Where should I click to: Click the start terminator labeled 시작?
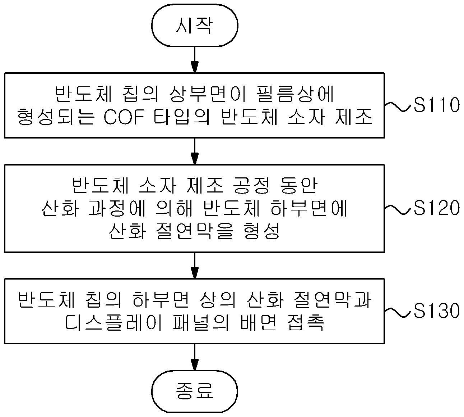pyautogui.click(x=195, y=25)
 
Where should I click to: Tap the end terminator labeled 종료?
pyautogui.click(x=195, y=390)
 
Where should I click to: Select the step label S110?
pyautogui.click(x=436, y=105)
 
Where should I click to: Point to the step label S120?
pyautogui.click(x=436, y=208)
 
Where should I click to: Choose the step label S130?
pyautogui.click(x=436, y=311)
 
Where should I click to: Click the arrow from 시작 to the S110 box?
pyautogui.click(x=195, y=60)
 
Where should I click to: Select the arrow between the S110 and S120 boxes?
pyautogui.click(x=195, y=151)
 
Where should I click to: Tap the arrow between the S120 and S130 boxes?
pyautogui.click(x=195, y=265)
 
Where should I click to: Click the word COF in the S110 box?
pyautogui.click(x=124, y=117)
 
